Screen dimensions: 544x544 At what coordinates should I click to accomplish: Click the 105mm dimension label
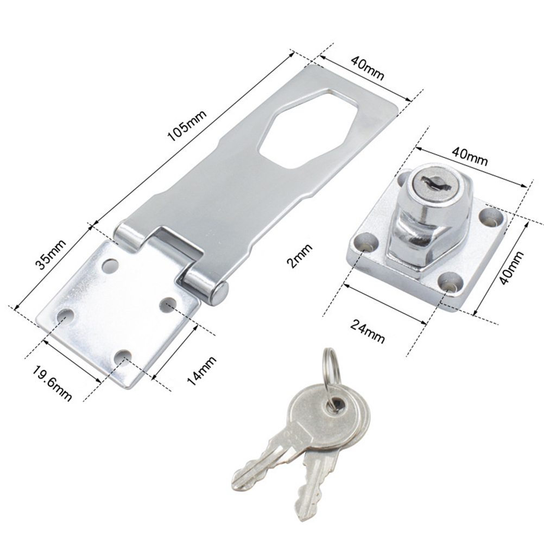coord(187,125)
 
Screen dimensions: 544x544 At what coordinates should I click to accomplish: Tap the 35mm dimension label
coord(52,255)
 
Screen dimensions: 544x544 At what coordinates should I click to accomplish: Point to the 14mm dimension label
coord(201,371)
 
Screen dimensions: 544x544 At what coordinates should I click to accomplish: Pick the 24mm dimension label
coord(368,331)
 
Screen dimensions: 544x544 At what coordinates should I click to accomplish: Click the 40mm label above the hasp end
coord(368,68)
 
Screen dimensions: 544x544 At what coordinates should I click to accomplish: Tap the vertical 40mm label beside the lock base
coord(511,268)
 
